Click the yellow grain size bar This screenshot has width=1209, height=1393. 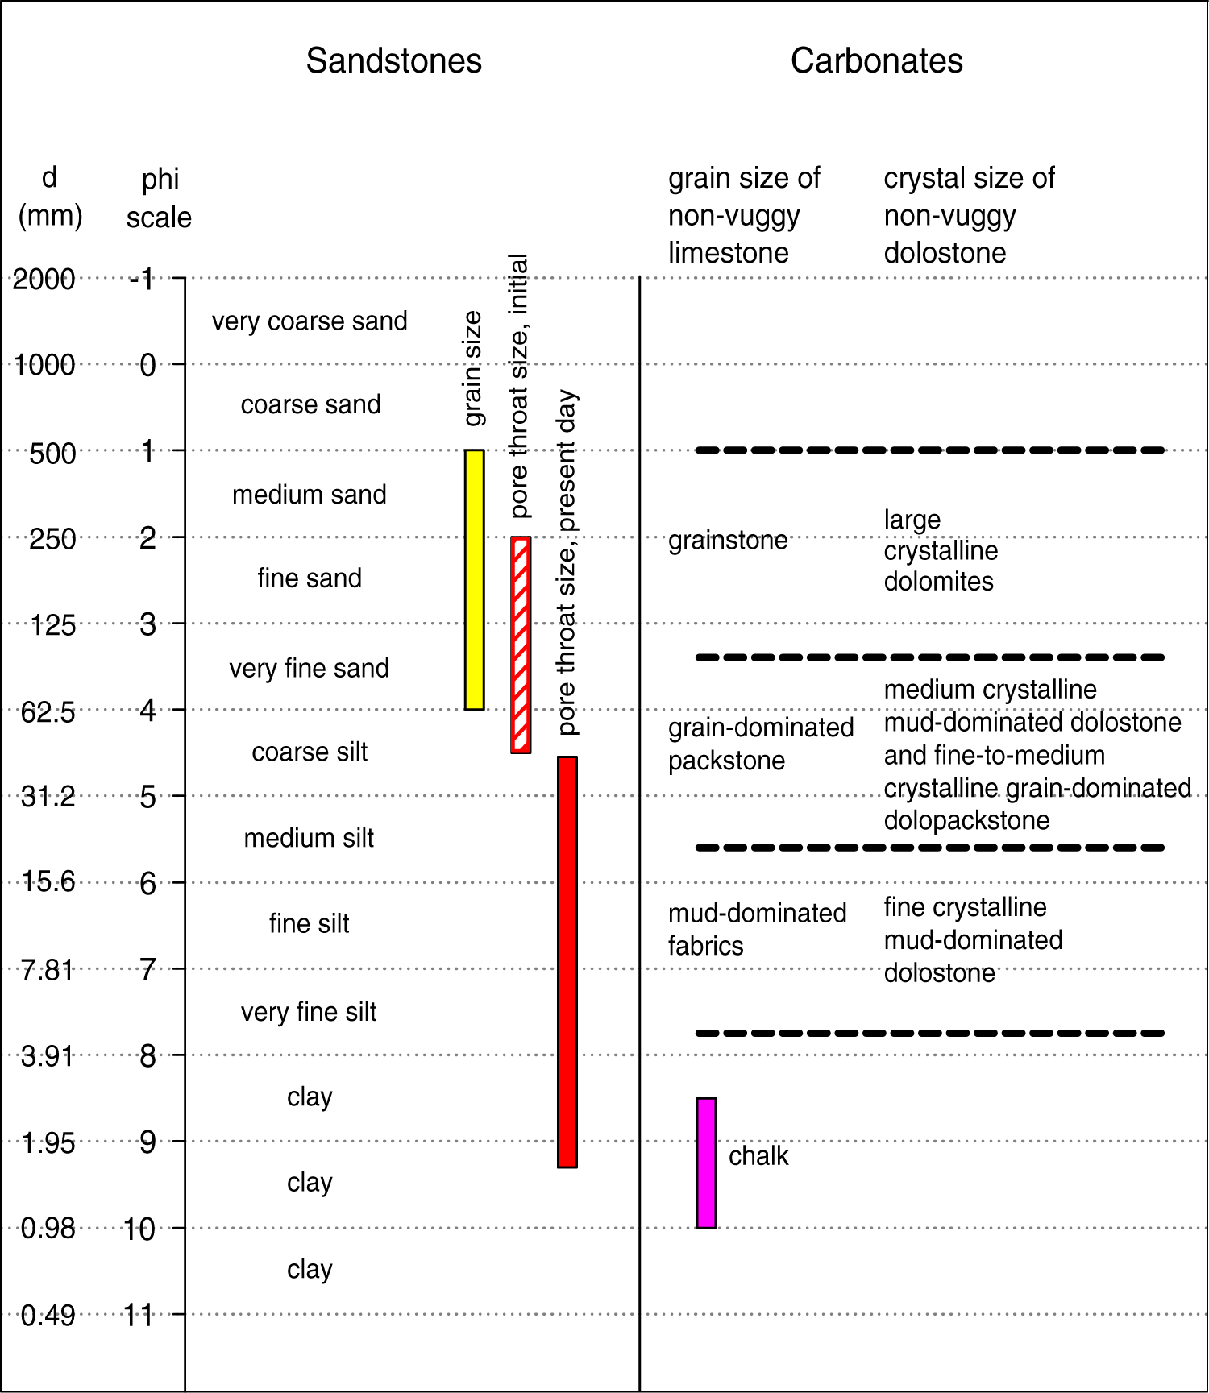pyautogui.click(x=475, y=579)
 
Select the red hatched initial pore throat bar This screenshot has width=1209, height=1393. pyautogui.click(x=521, y=645)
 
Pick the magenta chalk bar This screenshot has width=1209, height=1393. pyautogui.click(x=706, y=1163)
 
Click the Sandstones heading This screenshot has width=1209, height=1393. pyautogui.click(x=393, y=61)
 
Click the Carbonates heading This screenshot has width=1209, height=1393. pyautogui.click(x=876, y=61)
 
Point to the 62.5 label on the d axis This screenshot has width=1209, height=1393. pyautogui.click(x=48, y=712)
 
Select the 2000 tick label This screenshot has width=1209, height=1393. pyautogui.click(x=44, y=280)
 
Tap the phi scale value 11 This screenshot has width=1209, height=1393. pyautogui.click(x=139, y=1316)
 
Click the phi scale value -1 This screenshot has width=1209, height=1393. pyautogui.click(x=143, y=280)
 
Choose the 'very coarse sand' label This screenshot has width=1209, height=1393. pyautogui.click(x=310, y=321)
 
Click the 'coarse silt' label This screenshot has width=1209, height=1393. pyautogui.click(x=310, y=752)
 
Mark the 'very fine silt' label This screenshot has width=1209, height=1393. pyautogui.click(x=309, y=1012)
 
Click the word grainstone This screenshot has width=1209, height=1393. pyautogui.click(x=728, y=540)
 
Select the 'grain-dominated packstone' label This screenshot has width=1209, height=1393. pyautogui.click(x=760, y=744)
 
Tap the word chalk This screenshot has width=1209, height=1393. pyautogui.click(x=758, y=1156)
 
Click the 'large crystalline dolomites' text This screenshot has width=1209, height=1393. pyautogui.click(x=940, y=550)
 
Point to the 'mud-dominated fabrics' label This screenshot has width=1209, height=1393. pyautogui.click(x=756, y=929)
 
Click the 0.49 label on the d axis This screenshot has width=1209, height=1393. pyautogui.click(x=48, y=1316)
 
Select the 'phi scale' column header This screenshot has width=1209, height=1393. pyautogui.click(x=160, y=198)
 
